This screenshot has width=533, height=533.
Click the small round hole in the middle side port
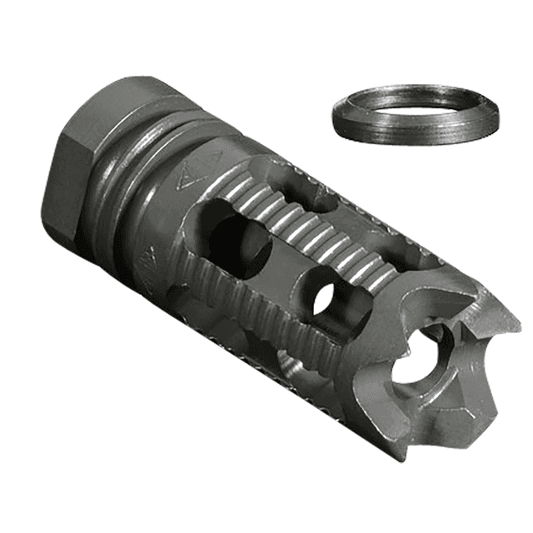coord(326,298)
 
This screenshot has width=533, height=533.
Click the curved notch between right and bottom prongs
coord(466,391)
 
